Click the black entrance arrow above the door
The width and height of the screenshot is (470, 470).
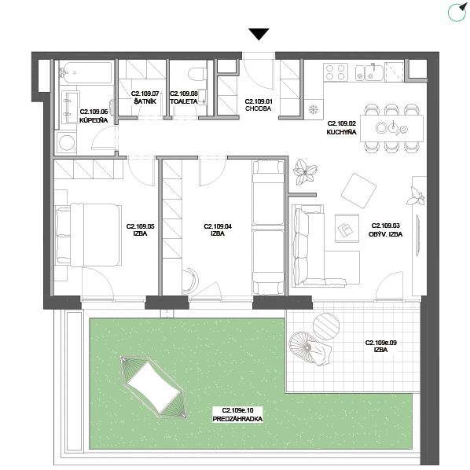pos(259,34)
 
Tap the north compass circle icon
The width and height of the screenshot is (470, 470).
pos(457,13)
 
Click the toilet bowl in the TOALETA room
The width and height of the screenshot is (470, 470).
pos(197,74)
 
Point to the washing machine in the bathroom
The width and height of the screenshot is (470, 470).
pos(67,143)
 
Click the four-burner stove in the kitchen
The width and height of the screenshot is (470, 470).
pos(336,72)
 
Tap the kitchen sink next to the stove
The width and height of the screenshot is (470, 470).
pos(369,73)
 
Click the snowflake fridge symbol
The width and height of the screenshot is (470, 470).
pos(314,109)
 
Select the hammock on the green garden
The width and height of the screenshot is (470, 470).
pos(154,387)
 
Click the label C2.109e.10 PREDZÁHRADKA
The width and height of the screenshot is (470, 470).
pos(237,414)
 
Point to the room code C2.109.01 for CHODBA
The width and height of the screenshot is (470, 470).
pos(259,101)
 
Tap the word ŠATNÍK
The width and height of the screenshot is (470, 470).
pos(145,101)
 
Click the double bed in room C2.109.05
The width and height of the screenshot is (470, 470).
pos(89,235)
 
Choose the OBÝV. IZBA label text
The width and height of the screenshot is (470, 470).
pos(385,233)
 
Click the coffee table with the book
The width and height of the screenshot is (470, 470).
pos(347,228)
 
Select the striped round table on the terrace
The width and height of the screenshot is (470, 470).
pos(326,326)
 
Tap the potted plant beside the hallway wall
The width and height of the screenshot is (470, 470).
pos(305,172)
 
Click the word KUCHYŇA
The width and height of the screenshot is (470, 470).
pos(341,132)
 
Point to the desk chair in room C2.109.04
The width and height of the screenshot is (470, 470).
pos(191,281)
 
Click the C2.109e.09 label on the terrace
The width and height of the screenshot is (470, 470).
pos(380,343)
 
